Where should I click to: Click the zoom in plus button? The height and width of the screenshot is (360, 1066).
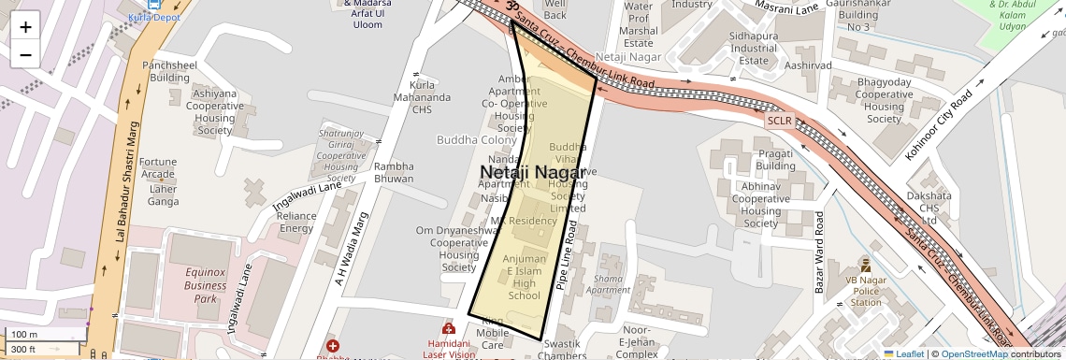click(x=25, y=26)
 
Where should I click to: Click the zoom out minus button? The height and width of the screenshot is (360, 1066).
click(x=25, y=54)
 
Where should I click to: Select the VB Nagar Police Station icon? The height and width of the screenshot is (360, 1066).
click(x=865, y=266)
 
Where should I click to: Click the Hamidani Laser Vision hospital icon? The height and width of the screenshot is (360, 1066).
click(x=449, y=329)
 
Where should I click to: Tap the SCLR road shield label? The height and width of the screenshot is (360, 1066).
click(x=779, y=121)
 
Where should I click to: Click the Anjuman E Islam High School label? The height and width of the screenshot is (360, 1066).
click(x=525, y=277)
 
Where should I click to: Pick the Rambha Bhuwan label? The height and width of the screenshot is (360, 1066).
click(x=394, y=172)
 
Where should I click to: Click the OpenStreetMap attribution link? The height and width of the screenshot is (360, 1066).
click(x=973, y=353)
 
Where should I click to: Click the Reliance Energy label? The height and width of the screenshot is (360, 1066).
click(x=297, y=222)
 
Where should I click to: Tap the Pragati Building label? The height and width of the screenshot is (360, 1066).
click(x=776, y=160)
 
